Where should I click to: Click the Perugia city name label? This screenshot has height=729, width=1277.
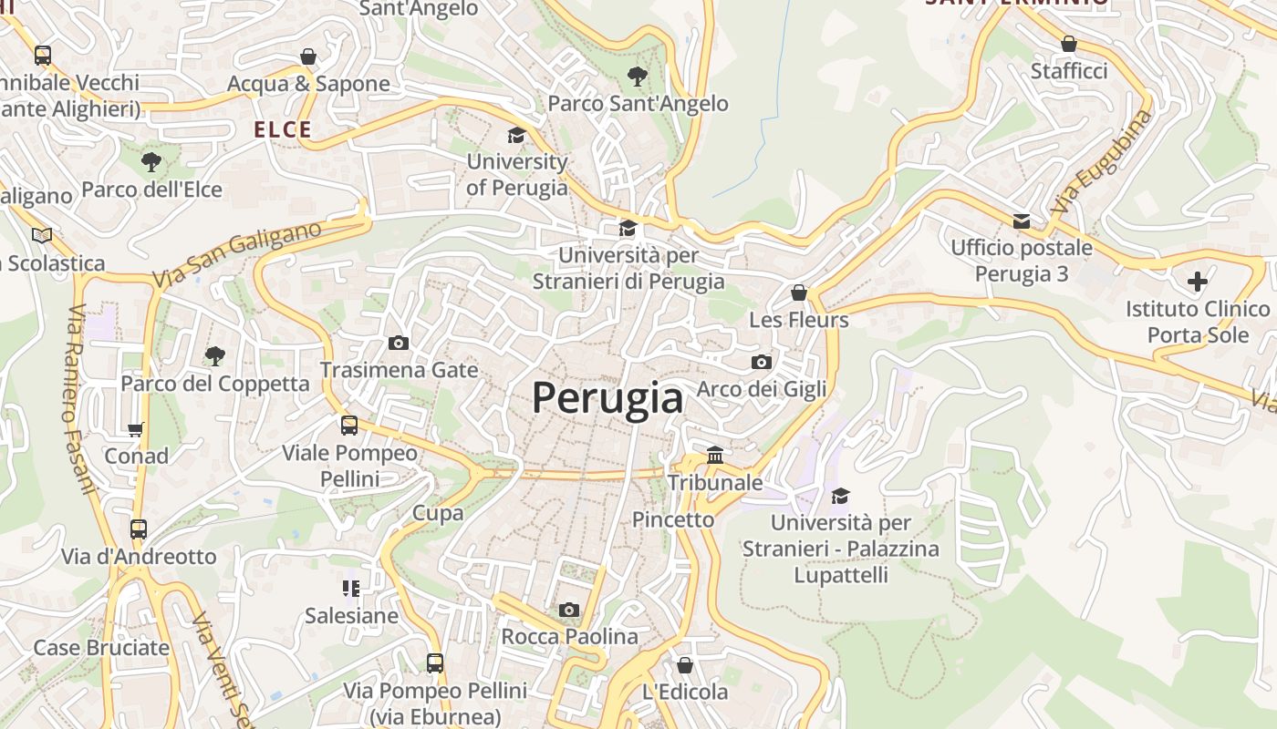tap(607, 399)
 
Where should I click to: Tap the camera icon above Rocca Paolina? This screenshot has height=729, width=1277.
tap(568, 610)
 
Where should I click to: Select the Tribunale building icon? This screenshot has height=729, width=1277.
tap(715, 455)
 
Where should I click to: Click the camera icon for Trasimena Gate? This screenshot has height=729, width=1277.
tap(399, 344)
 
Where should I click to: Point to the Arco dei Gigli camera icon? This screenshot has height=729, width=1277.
tap(762, 363)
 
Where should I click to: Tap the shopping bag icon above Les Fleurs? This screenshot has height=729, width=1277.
tap(799, 293)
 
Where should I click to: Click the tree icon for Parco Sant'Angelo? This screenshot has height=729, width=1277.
tap(637, 77)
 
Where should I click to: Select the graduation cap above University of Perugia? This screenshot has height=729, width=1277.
tap(517, 136)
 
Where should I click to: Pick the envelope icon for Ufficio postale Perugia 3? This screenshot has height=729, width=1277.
tap(1022, 221)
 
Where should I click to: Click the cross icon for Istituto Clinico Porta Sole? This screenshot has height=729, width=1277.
tap(1198, 282)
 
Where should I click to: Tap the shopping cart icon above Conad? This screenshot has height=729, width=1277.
tap(136, 429)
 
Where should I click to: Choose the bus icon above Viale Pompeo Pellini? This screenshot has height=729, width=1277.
tap(349, 426)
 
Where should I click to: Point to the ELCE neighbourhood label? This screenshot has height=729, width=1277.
tap(283, 130)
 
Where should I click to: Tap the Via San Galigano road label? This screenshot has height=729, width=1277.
tap(237, 254)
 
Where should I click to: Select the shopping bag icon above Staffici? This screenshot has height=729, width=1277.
tap(1069, 44)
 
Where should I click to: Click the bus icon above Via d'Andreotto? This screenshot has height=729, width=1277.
tap(139, 529)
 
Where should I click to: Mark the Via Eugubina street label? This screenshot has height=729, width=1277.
tap(1100, 163)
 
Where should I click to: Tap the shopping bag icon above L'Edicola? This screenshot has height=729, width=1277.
tap(684, 665)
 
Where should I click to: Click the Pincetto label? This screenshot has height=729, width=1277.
tap(673, 520)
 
